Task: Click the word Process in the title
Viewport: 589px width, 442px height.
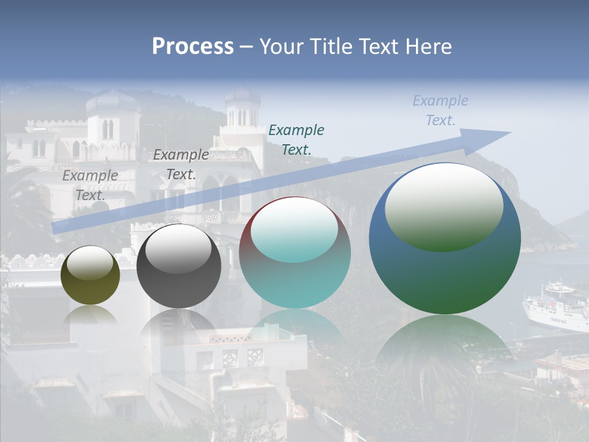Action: [x=193, y=47]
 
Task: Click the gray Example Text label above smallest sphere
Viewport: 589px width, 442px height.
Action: [x=90, y=185]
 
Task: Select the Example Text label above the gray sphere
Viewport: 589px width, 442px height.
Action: [x=181, y=165]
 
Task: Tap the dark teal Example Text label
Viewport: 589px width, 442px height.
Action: [x=296, y=139]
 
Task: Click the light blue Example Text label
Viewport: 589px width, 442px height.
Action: [x=441, y=110]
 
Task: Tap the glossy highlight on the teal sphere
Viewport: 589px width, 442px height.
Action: [x=294, y=228]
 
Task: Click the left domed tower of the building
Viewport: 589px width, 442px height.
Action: [x=111, y=117]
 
